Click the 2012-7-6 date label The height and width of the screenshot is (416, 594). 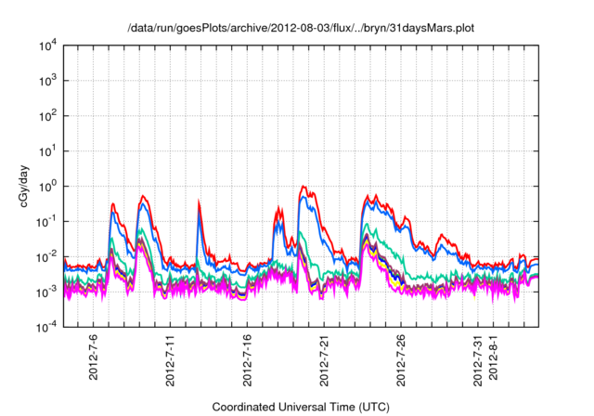[x=93, y=361]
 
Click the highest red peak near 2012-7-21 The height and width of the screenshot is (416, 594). [x=303, y=187]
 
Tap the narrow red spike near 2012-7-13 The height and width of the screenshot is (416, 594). [x=199, y=203]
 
